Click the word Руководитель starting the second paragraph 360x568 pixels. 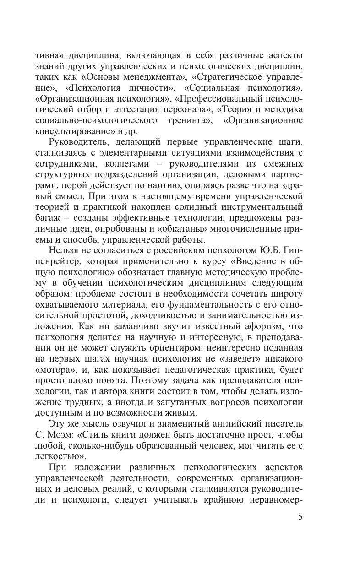pos(78,142)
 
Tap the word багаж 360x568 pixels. pos(49,217)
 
